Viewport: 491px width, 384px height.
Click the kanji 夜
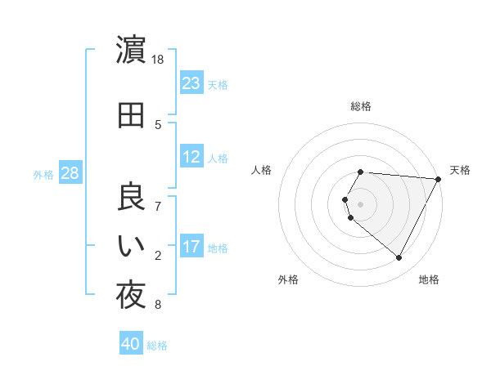click(x=131, y=296)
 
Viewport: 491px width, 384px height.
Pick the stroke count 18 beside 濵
click(x=159, y=60)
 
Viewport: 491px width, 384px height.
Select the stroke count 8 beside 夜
click(x=159, y=306)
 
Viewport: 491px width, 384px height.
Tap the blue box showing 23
click(x=191, y=83)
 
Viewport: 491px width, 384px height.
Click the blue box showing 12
click(x=191, y=157)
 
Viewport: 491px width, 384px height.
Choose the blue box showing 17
click(x=191, y=247)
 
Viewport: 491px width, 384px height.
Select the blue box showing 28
click(x=69, y=173)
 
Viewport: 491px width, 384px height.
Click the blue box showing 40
click(x=131, y=345)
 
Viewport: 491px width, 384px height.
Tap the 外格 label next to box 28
click(x=43, y=174)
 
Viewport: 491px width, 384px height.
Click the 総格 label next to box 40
click(x=157, y=346)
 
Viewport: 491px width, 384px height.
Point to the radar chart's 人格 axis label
click(x=262, y=170)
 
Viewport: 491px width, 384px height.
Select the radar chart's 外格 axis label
click(x=288, y=279)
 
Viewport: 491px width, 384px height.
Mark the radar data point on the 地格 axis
click(x=399, y=257)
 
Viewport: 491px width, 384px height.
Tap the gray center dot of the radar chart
click(x=360, y=203)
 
